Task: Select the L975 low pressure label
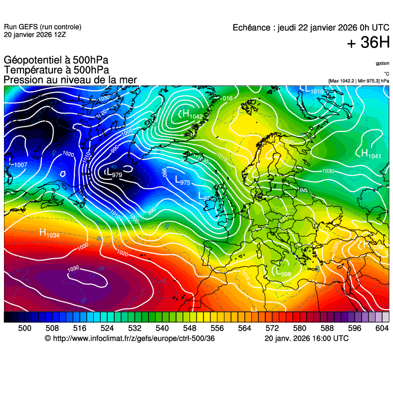click(x=183, y=180)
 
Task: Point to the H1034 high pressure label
click(x=49, y=233)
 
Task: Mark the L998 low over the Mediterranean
click(x=283, y=272)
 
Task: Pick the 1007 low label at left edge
click(x=18, y=164)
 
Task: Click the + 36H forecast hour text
click(x=368, y=43)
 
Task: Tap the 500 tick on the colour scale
click(x=24, y=328)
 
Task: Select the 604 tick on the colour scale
click(x=382, y=328)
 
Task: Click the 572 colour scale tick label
click(x=272, y=328)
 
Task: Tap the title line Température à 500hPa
click(x=56, y=70)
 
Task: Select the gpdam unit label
click(x=383, y=63)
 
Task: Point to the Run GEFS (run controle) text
click(x=42, y=27)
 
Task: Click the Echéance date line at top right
click(x=311, y=28)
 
